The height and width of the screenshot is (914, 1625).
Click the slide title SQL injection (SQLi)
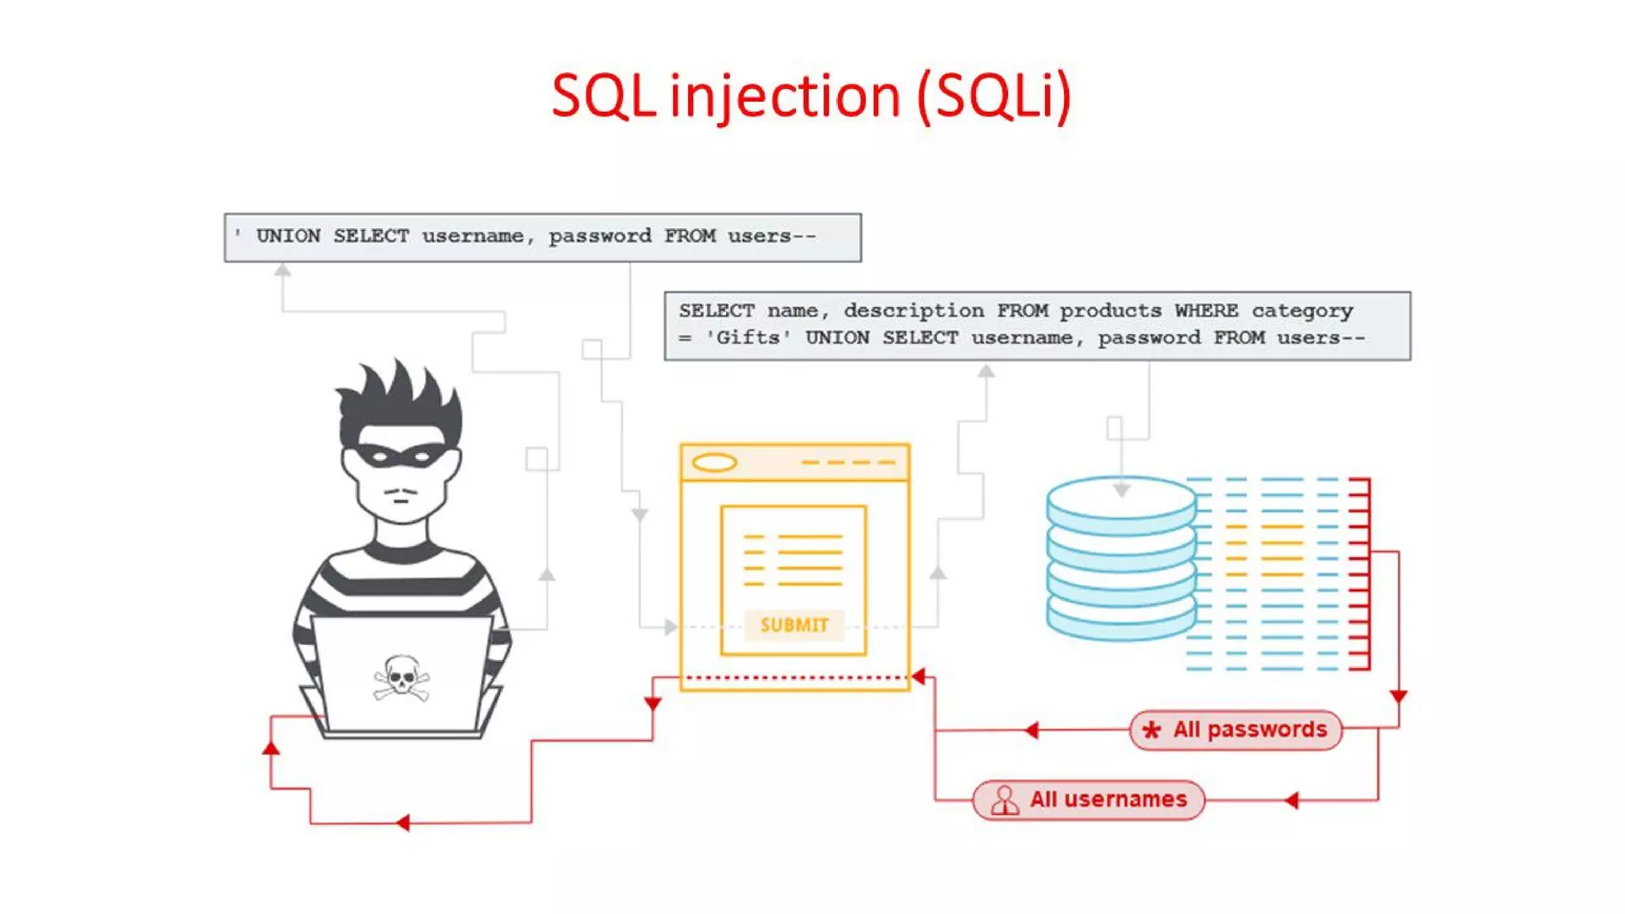[811, 96]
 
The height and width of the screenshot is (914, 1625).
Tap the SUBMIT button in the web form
[793, 625]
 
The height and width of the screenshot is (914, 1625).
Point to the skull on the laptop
[401, 676]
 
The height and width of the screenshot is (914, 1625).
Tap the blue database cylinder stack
[1120, 558]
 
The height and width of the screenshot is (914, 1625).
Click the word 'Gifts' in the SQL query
[748, 338]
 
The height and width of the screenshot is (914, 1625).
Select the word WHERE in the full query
[1206, 310]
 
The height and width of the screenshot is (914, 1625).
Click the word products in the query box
[1110, 310]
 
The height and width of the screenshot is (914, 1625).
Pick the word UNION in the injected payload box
[288, 236]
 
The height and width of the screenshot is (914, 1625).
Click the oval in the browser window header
[714, 463]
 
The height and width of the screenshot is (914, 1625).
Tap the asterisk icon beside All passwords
[1151, 730]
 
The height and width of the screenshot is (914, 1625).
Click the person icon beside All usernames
[1005, 800]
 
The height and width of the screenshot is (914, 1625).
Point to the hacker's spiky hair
[401, 397]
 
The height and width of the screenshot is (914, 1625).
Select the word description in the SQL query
[913, 310]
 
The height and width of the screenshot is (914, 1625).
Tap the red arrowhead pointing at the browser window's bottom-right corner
[919, 677]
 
